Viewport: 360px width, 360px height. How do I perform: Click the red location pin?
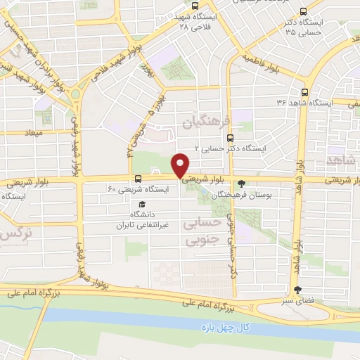click(x=181, y=165)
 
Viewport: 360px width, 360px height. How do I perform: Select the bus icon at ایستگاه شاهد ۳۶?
click(x=304, y=91)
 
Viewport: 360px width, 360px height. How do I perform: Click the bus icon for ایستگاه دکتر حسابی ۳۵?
click(x=303, y=11)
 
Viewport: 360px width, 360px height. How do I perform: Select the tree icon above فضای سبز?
click(x=297, y=289)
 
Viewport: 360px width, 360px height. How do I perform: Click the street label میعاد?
click(x=32, y=133)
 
